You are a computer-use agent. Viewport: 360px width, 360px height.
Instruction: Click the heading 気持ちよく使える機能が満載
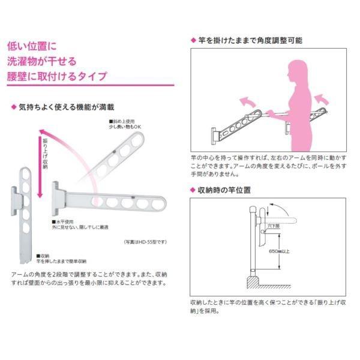74,108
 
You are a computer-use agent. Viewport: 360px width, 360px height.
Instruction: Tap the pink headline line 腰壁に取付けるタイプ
56,76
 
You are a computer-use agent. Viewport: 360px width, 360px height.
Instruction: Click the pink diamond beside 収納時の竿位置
193,190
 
